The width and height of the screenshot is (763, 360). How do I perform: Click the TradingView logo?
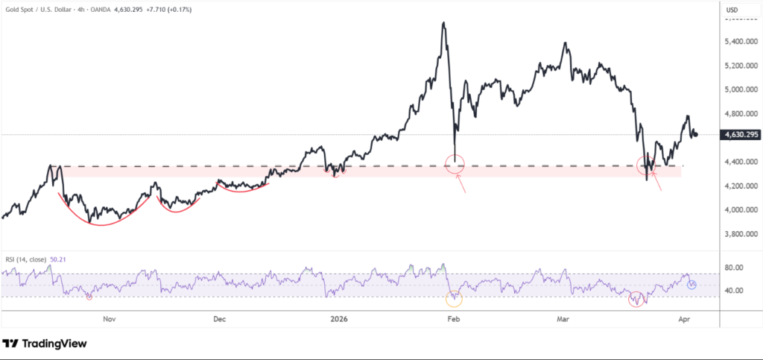[45, 344]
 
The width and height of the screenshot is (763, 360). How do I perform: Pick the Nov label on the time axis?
[110, 319]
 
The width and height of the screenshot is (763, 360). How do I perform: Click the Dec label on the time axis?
[220, 319]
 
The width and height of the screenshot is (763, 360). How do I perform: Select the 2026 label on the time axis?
[339, 319]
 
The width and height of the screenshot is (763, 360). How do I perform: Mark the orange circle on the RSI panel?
[454, 299]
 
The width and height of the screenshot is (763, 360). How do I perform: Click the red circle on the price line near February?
[455, 164]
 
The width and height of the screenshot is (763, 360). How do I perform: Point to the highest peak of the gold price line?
[444, 23]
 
